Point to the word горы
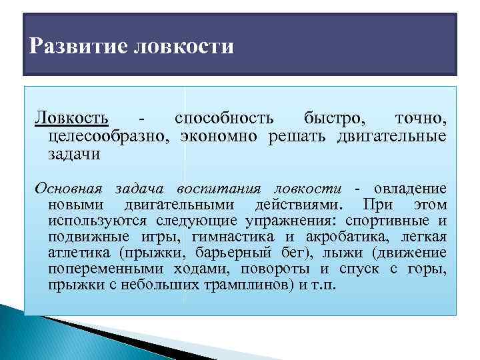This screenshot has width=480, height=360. [x=428, y=269]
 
